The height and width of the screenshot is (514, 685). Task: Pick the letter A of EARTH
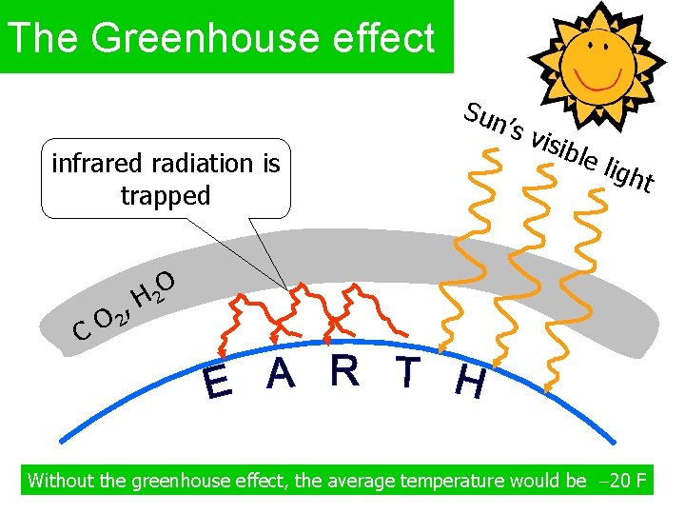[281, 373]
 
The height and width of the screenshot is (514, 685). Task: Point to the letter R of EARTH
[344, 371]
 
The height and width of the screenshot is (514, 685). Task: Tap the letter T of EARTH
[408, 373]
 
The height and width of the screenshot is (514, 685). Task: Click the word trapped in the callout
[166, 196]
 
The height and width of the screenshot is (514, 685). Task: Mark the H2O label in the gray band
[152, 290]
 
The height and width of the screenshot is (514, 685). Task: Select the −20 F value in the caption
[620, 480]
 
